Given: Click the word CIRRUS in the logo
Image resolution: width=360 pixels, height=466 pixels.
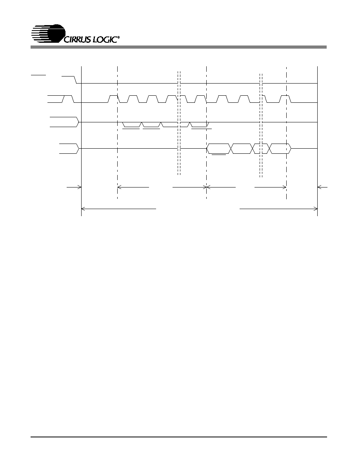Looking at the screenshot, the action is point(77,40).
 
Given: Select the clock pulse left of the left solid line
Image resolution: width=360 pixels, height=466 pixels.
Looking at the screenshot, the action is point(68,99).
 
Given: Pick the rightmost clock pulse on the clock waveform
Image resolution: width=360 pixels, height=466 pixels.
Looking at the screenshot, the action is point(285,99).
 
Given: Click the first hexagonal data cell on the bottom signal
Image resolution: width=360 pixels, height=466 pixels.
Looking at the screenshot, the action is point(219,148).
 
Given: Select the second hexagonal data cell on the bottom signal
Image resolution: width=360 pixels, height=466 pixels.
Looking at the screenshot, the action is point(242,148).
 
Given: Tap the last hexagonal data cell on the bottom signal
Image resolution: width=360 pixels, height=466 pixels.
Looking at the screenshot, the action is point(280,148).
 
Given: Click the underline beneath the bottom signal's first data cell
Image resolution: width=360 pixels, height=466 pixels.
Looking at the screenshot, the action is point(218,155).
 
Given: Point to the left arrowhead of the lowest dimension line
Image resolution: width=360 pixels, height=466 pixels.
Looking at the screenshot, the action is point(83,209).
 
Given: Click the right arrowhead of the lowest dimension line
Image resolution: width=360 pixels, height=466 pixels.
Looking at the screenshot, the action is point(315,209).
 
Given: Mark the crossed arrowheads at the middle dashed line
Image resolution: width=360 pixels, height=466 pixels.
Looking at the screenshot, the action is point(206,187).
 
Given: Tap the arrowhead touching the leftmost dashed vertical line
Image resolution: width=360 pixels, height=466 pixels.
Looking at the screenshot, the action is point(119,187).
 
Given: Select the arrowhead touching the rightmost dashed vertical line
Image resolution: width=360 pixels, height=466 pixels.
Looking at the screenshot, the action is point(285,187).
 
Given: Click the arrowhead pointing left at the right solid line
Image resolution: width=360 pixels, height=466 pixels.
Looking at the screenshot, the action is point(320,187).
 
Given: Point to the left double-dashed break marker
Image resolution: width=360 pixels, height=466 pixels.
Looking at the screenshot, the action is point(179,123).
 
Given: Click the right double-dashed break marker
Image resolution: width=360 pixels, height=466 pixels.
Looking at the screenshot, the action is point(261,126).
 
